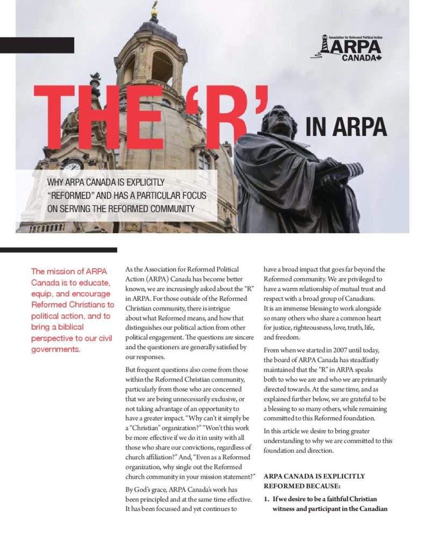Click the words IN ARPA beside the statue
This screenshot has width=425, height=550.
(x=345, y=126)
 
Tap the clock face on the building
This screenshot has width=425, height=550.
(x=72, y=168)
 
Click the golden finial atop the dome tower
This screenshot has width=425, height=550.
(x=154, y=9)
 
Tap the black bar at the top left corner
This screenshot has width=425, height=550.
(x=37, y=46)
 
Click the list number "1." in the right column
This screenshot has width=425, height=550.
(x=266, y=499)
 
